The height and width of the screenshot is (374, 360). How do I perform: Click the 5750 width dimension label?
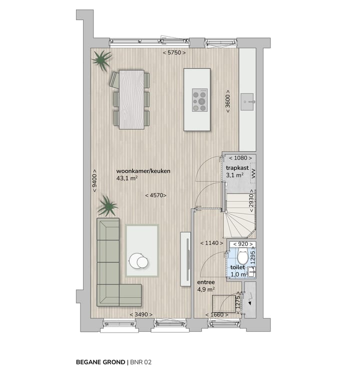click(174, 52)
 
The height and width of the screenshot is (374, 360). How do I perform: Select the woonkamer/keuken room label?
click(143, 171)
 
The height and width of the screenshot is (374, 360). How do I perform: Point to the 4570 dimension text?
click(155, 195)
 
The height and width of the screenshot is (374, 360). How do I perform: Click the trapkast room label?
click(234, 167)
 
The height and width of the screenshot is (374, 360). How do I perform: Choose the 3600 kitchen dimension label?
click(228, 101)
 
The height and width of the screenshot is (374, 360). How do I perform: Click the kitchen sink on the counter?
click(248, 102)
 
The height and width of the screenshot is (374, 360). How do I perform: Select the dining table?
click(131, 98)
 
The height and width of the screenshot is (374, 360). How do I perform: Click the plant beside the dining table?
click(101, 60)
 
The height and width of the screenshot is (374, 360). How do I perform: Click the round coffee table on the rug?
click(138, 260)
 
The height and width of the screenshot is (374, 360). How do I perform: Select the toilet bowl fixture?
click(242, 258)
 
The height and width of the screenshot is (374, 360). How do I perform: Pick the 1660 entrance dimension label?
click(216, 315)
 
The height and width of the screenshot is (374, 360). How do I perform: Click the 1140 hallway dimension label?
click(209, 243)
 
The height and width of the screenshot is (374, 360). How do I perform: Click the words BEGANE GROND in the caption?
click(100, 361)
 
